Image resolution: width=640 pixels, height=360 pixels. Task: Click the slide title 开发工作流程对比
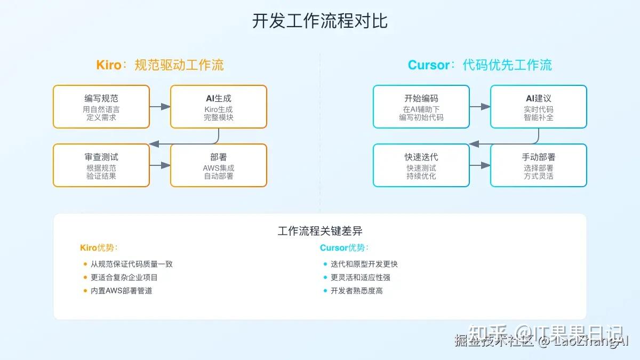(x=319, y=21)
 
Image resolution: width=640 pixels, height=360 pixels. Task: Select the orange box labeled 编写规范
(x=101, y=107)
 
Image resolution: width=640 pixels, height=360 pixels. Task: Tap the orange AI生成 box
(x=219, y=107)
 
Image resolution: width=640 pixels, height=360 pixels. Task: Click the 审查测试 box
(x=101, y=165)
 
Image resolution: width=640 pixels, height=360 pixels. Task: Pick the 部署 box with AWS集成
(x=219, y=165)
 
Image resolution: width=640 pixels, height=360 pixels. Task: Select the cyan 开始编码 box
(x=421, y=107)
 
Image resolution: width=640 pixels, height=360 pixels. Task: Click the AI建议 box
(x=539, y=107)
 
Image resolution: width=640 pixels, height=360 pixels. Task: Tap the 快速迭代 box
(x=421, y=165)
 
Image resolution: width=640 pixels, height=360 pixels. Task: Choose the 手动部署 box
(x=539, y=165)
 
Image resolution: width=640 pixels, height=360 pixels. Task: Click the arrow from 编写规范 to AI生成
(x=160, y=107)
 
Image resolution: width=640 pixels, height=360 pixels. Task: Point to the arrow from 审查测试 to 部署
(x=160, y=165)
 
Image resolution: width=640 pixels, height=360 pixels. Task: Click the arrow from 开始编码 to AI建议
(x=480, y=107)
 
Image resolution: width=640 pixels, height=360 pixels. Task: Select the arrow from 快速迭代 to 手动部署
(x=480, y=165)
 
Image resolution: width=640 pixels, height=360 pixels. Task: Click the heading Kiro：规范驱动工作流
(x=160, y=65)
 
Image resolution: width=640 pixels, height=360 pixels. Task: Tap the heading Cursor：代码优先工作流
(x=480, y=65)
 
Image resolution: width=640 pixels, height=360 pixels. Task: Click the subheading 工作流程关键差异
(x=320, y=231)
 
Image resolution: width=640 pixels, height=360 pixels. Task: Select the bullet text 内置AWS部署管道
(x=121, y=291)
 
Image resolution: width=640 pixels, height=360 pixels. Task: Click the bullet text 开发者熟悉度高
(x=356, y=291)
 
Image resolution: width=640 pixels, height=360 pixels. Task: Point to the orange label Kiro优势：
(x=99, y=247)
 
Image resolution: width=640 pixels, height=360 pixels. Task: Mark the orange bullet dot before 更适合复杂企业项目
(x=85, y=277)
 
